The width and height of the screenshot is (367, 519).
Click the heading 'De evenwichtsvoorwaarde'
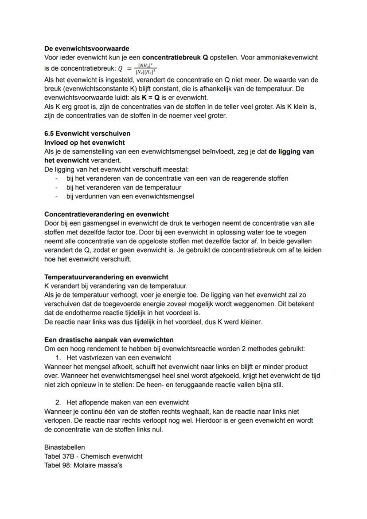click(87, 48)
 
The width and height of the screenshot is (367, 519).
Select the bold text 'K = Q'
click(151, 98)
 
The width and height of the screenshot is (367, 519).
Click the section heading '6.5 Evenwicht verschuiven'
click(87, 134)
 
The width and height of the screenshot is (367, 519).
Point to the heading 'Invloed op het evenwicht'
click(84, 143)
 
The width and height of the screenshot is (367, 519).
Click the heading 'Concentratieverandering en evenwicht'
click(106, 214)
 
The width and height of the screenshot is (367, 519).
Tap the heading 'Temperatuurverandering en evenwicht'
click(106, 277)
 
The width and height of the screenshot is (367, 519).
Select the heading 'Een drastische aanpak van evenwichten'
click(109, 340)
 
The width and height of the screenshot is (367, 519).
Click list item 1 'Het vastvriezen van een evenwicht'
click(118, 358)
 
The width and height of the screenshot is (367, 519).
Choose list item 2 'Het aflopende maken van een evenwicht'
click(127, 403)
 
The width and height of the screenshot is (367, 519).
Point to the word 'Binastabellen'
click(65, 448)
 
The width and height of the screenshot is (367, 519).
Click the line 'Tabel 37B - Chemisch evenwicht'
click(94, 456)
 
